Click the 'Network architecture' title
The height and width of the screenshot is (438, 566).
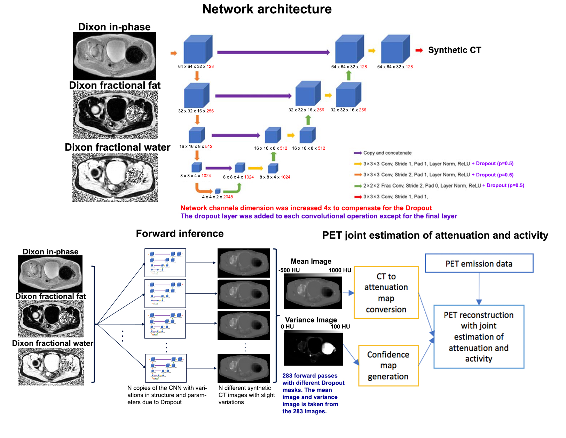pyautogui.click(x=267, y=9)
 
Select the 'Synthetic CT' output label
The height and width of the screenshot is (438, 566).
pyautogui.click(x=454, y=50)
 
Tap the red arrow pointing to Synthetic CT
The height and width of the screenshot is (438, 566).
pyautogui.click(x=419, y=50)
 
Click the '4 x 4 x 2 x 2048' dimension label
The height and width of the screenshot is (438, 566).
pyautogui.click(x=217, y=197)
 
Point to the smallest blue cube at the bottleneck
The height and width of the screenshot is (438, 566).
pyautogui.click(x=218, y=191)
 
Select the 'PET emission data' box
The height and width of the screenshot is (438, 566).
pyautogui.click(x=479, y=263)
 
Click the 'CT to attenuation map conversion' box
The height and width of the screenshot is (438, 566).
pyautogui.click(x=386, y=293)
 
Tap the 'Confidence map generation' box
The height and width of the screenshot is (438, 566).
pyautogui.click(x=388, y=365)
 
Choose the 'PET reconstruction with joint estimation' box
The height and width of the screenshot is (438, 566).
pyautogui.click(x=479, y=336)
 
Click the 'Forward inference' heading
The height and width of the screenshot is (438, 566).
pyautogui.click(x=180, y=233)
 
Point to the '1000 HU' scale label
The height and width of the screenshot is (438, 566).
pyautogui.click(x=340, y=270)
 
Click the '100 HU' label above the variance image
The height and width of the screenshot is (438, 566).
pyautogui.click(x=340, y=327)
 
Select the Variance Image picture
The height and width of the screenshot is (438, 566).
pyautogui.click(x=314, y=349)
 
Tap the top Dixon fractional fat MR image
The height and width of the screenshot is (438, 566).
pyautogui.click(x=115, y=114)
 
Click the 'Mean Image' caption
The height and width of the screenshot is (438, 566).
pyautogui.click(x=311, y=261)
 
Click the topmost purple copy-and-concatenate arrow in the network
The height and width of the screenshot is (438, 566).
pyautogui.click(x=273, y=52)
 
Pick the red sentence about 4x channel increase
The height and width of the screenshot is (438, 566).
pyautogui.click(x=306, y=208)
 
